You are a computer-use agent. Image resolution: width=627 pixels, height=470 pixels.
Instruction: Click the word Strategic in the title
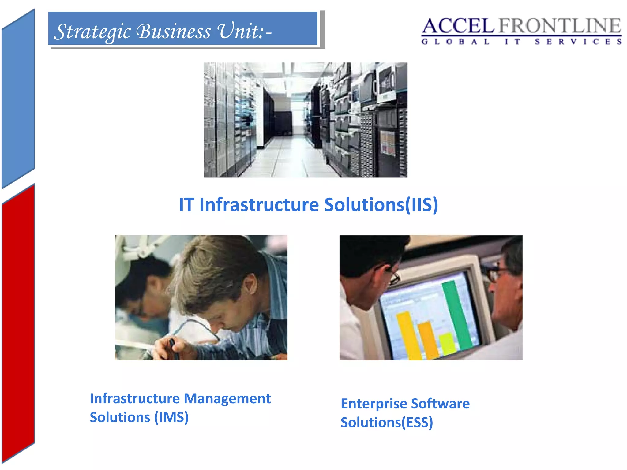click(x=92, y=32)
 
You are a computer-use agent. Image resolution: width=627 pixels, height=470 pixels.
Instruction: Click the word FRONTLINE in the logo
click(x=560, y=26)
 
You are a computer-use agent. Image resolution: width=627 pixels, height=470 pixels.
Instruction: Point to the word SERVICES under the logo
click(x=578, y=42)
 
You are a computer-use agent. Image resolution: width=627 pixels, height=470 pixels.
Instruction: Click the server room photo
click(x=305, y=120)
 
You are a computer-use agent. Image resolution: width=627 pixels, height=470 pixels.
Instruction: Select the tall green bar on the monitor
click(x=456, y=315)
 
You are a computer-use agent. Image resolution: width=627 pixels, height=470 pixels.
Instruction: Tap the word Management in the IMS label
click(x=227, y=398)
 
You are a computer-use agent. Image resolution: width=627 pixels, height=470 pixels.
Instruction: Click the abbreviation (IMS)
click(x=171, y=417)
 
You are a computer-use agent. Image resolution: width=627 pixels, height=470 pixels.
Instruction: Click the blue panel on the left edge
click(x=18, y=98)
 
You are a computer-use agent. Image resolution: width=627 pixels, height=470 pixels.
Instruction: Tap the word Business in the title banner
click(x=174, y=31)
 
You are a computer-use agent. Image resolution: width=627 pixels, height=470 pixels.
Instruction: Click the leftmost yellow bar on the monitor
click(x=409, y=335)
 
